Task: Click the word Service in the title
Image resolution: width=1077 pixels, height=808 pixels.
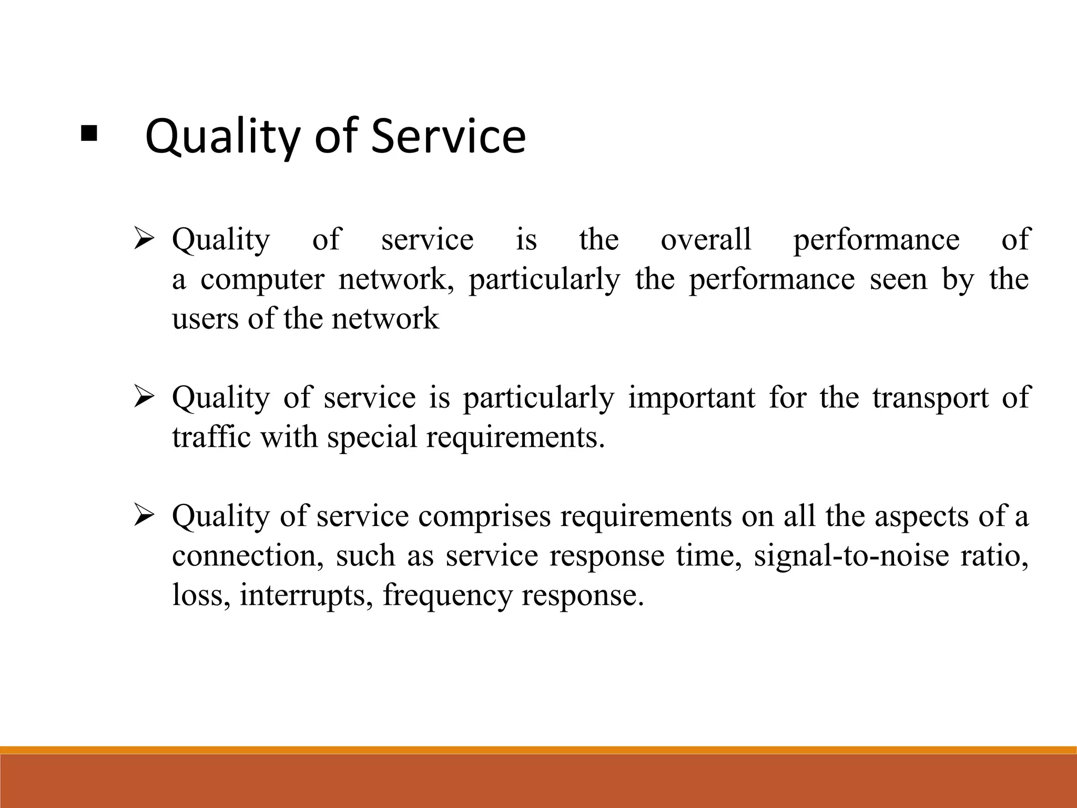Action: tap(448, 136)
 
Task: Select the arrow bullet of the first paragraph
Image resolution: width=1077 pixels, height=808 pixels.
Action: tap(143, 239)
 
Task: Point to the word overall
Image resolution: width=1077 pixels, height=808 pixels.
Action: tap(706, 239)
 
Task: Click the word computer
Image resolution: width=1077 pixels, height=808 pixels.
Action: tap(262, 279)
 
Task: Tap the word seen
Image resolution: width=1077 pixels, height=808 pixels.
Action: tap(898, 279)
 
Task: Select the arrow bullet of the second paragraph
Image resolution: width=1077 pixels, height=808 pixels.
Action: tap(143, 398)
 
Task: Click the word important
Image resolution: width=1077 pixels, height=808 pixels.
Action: tap(692, 398)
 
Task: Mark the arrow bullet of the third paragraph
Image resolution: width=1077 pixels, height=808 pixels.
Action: tap(143, 516)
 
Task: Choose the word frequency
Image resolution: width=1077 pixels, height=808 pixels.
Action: tap(447, 596)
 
